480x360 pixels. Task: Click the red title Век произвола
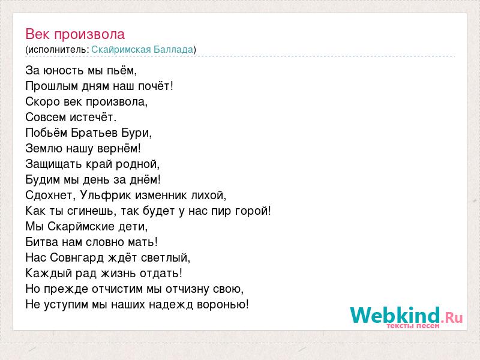75,34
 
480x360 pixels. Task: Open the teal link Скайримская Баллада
142,50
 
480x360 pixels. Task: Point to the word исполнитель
58,50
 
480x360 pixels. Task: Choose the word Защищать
54,164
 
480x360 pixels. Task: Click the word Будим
43,180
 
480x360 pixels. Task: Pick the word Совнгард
77,258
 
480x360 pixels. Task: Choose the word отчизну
190,289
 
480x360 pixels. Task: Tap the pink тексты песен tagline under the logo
413,326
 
